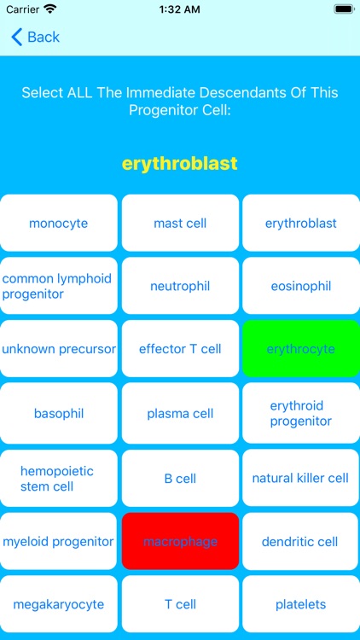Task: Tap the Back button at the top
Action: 35,37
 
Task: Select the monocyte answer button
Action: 59,224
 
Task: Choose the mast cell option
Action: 180,224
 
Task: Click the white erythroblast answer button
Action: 300,224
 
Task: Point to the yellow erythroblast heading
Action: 180,163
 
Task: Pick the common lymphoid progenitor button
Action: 59,286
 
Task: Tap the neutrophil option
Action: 180,286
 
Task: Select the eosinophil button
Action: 300,286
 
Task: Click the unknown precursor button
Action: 59,349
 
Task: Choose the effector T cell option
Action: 180,349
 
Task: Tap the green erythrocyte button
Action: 300,349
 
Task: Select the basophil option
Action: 59,414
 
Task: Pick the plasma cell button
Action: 180,414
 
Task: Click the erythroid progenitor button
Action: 300,414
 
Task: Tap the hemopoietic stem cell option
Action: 59,478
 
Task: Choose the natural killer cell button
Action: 300,478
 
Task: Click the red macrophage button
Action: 180,541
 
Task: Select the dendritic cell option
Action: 300,541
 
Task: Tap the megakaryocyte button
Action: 59,604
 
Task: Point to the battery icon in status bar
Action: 343,9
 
